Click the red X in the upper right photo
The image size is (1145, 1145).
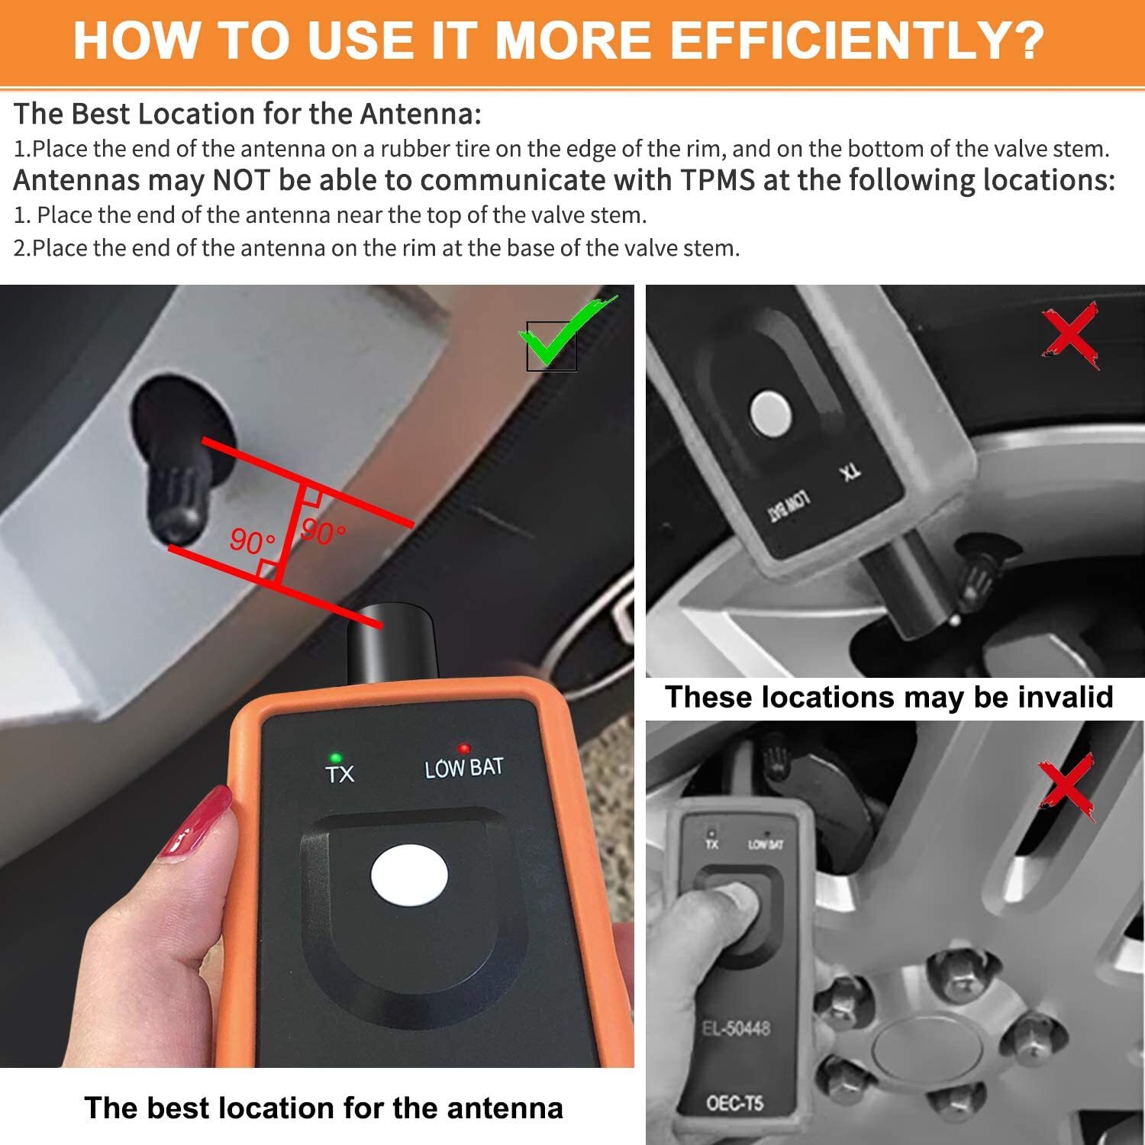[x=1072, y=335]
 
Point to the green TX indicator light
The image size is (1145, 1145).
[x=333, y=757]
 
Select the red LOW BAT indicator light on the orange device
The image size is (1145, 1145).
[x=463, y=749]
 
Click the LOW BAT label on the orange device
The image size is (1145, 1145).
[x=464, y=768]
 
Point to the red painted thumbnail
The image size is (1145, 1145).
[x=195, y=824]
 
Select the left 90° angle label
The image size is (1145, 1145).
[x=251, y=541]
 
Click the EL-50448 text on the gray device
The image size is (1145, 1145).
[x=736, y=1028]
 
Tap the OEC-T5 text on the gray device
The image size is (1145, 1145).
[x=734, y=1103]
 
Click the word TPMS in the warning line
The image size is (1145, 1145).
[x=718, y=181]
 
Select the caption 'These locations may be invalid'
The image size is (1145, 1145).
[x=889, y=697]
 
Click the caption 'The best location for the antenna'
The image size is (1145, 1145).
[x=323, y=1108]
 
